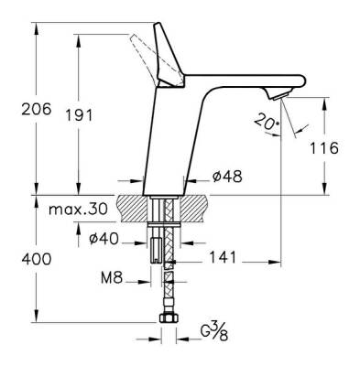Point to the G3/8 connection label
click(215, 327)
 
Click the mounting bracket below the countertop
click(167, 248)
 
